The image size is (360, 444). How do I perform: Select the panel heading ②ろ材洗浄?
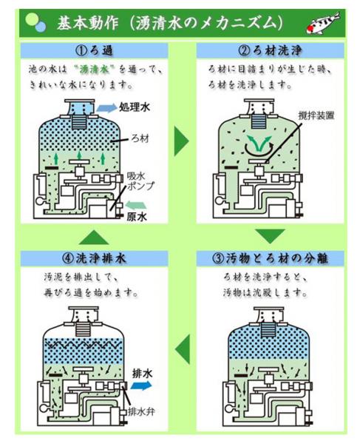pos(271,51)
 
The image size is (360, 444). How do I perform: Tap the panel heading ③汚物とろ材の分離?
pos(271,259)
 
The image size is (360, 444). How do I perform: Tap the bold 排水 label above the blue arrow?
pos(142,374)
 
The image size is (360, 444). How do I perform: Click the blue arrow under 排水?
pos(142,386)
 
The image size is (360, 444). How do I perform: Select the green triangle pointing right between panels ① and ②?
pos(180,141)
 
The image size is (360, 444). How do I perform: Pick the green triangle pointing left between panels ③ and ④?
pos(180,349)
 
